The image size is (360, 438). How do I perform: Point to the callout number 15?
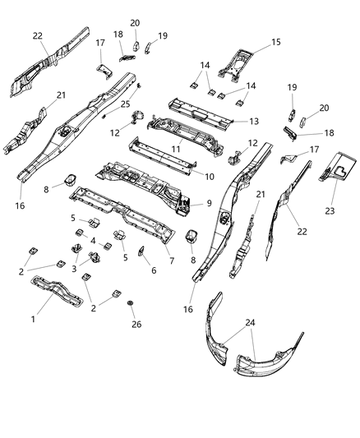pos(275,42)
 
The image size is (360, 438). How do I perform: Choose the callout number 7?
pos(170,260)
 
